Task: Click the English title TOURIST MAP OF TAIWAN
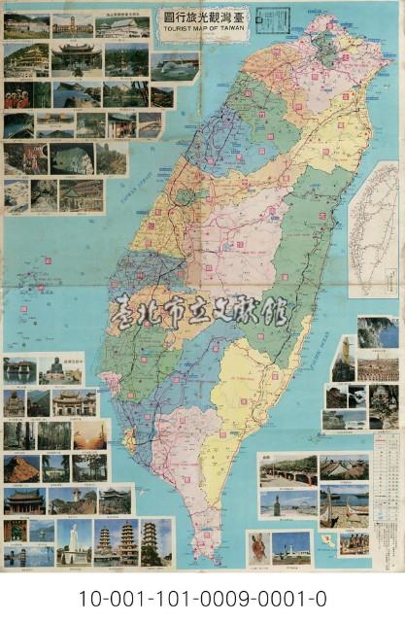click(x=202, y=28)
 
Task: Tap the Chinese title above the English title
click(x=202, y=17)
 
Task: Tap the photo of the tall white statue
click(x=73, y=541)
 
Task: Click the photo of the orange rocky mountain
click(x=21, y=468)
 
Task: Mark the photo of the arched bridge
click(x=288, y=470)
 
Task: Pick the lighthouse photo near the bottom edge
click(x=291, y=546)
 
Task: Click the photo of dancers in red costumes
click(x=26, y=95)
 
